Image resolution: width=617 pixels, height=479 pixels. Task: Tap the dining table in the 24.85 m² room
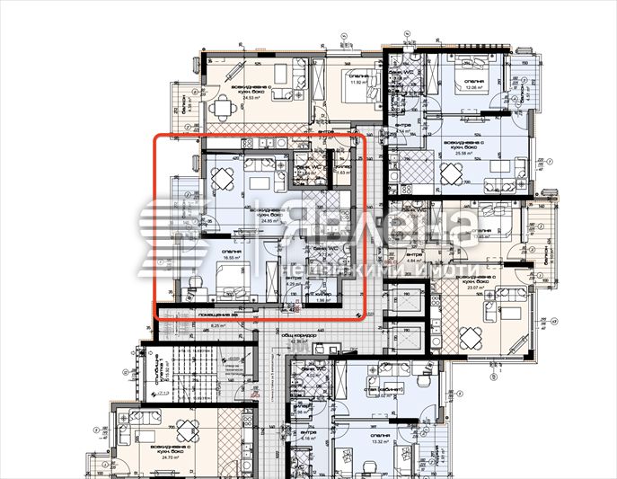click(x=221, y=181)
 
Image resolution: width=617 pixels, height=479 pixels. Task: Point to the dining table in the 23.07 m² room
click(x=472, y=337)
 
